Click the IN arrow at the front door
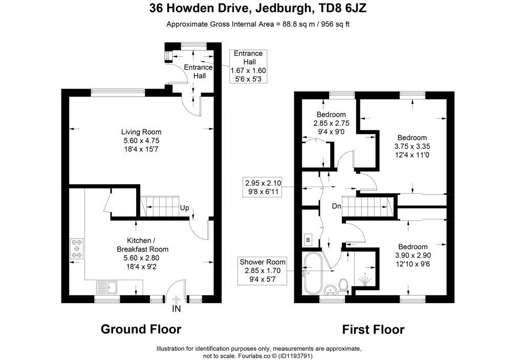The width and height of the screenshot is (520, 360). [176, 300]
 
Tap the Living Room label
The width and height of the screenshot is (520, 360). [141, 132]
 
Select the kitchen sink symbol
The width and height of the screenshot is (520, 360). [107, 287]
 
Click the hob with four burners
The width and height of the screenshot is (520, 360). [77, 249]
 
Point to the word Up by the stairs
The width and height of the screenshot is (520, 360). [184, 208]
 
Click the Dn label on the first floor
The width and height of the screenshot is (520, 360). [337, 206]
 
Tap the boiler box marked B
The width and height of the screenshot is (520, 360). [308, 240]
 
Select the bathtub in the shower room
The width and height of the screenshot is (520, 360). [312, 274]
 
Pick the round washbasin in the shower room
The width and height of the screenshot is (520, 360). [330, 290]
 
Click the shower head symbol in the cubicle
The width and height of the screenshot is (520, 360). [365, 279]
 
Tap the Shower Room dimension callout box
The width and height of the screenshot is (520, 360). [263, 271]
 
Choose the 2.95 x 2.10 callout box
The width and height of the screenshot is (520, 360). [263, 187]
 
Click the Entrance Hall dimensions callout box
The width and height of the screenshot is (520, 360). [248, 66]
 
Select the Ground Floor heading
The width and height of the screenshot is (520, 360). [141, 329]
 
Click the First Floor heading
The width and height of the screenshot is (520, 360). [373, 330]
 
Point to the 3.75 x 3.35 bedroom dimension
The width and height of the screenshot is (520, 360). [412, 146]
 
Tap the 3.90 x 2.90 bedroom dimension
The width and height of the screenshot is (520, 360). [413, 255]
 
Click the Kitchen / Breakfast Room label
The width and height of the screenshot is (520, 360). [143, 244]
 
